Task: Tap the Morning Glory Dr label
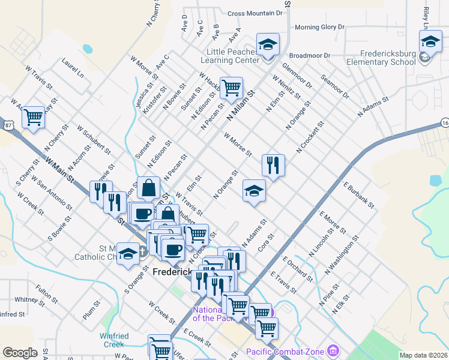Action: [319, 27]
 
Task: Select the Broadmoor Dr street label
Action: [310, 55]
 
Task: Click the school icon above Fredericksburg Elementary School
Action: [430, 43]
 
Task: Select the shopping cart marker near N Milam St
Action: [231, 88]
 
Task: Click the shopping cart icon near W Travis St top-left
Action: [33, 117]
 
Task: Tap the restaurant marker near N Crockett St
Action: [273, 165]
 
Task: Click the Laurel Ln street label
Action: [71, 67]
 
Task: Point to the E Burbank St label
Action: [358, 196]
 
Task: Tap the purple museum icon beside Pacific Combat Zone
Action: [334, 350]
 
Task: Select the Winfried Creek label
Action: [114, 340]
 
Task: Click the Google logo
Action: [20, 353]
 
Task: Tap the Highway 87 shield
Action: [8, 125]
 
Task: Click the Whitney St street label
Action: [26, 299]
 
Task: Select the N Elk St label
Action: [342, 307]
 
